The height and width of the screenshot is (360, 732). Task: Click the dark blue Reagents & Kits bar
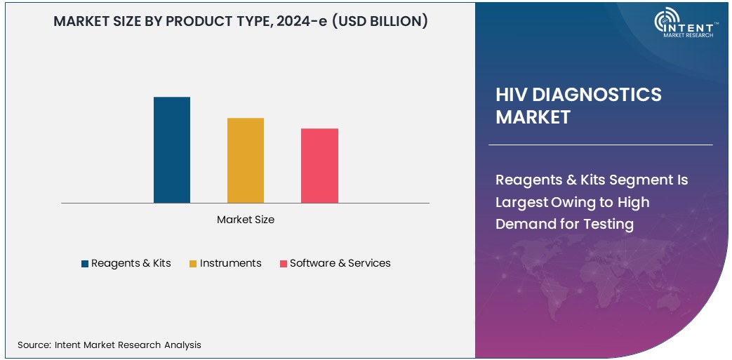[x=172, y=150]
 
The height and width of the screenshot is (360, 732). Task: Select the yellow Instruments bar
[x=246, y=161]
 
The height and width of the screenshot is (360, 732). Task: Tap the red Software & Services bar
[x=319, y=166]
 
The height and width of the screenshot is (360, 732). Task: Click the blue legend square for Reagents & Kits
[x=85, y=264]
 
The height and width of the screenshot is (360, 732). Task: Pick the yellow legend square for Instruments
[x=194, y=264]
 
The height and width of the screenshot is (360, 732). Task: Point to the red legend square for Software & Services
[x=283, y=264]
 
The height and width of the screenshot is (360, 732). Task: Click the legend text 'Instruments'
[x=230, y=263]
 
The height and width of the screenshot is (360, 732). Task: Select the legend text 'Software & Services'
[x=340, y=263]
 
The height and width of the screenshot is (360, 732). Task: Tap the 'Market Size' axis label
[x=246, y=220]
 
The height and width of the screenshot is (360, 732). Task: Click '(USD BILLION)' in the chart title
[x=379, y=21]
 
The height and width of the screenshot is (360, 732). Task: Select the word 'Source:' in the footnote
[x=34, y=345]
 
